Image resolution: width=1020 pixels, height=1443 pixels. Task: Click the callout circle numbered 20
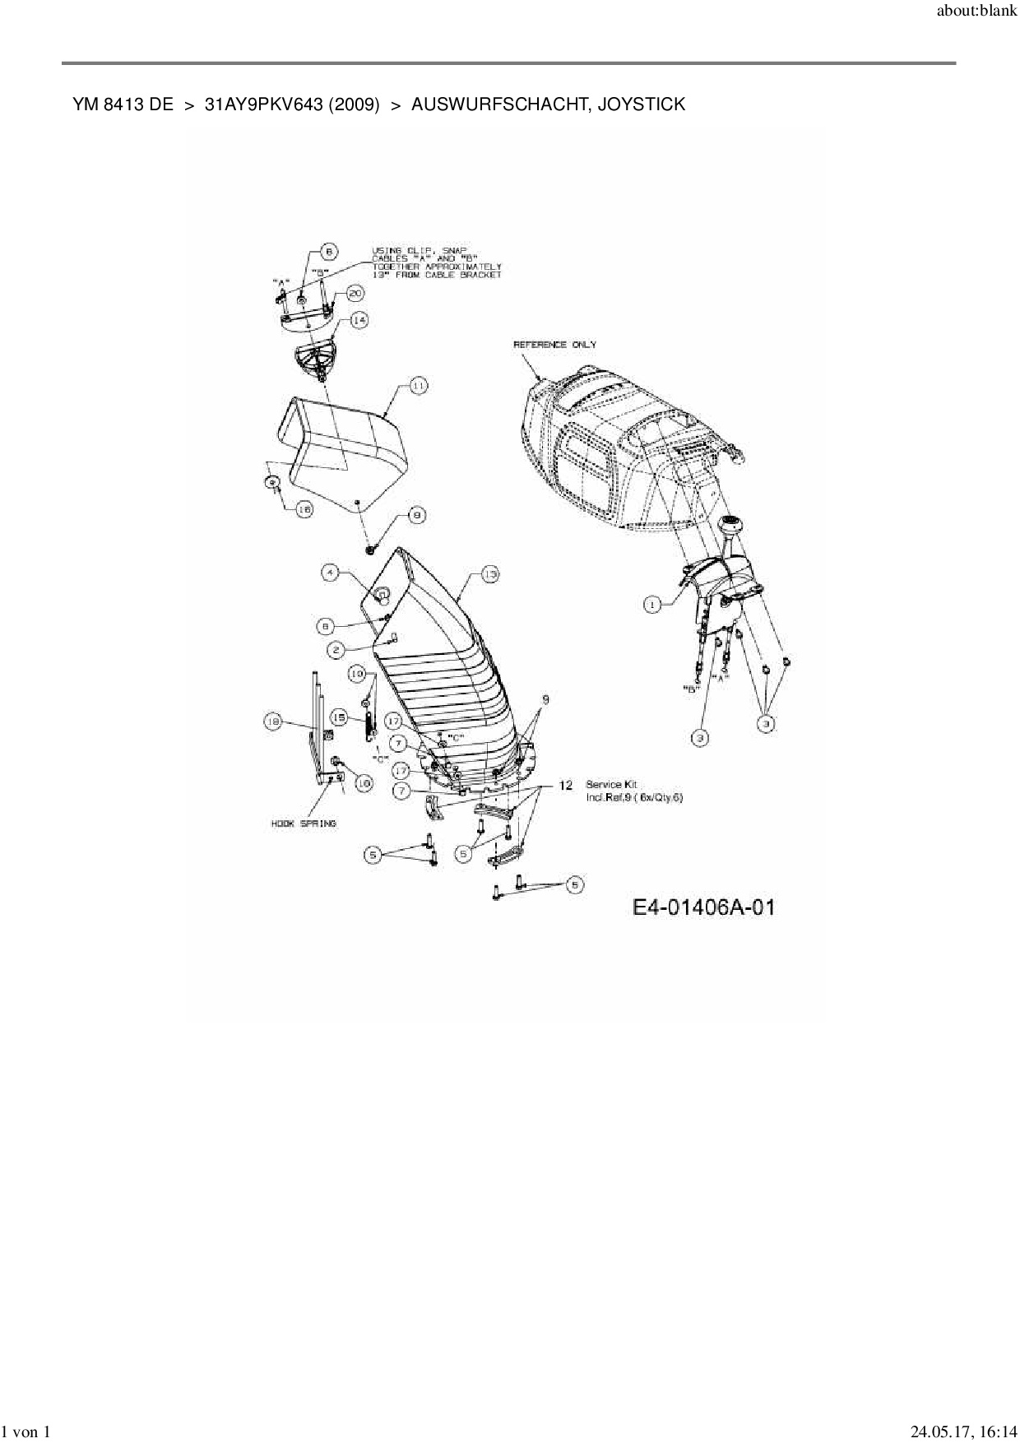355,293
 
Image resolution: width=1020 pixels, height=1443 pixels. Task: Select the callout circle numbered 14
359,320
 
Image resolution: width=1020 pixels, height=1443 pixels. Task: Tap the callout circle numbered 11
418,385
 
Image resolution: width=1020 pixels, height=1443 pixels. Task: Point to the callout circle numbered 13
489,574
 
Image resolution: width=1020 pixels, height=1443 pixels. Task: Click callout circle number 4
330,573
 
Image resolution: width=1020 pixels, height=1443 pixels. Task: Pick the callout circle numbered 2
336,650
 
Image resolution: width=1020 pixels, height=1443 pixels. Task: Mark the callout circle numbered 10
356,674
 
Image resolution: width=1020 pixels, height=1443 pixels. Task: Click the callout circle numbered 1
651,605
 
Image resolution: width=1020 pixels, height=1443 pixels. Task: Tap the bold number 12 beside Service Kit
565,785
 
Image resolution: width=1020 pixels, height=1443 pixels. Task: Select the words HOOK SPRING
304,823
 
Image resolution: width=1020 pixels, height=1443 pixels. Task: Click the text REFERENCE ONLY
554,344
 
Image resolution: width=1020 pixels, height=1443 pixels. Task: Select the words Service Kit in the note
610,785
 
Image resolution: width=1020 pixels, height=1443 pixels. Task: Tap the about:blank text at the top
976,12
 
